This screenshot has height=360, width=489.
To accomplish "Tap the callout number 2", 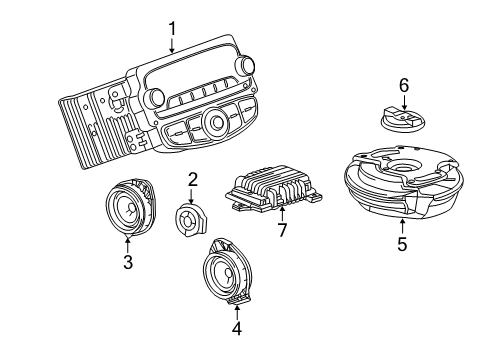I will click(191, 180).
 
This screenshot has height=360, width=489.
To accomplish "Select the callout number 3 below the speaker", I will click(127, 263).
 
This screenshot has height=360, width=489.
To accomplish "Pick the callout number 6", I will click(404, 87).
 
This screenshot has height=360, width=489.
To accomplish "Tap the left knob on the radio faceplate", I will click(156, 98).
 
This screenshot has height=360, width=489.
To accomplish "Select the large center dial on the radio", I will click(212, 124).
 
